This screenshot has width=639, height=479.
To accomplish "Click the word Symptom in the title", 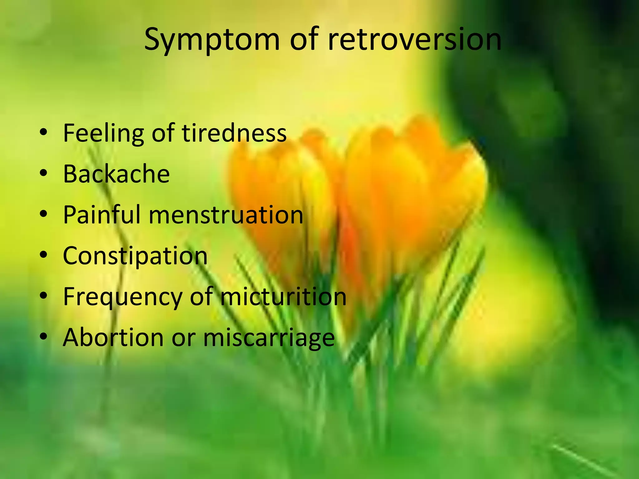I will (212, 40).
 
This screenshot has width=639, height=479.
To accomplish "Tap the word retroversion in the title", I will (415, 40).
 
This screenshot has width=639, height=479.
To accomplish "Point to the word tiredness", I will (234, 133).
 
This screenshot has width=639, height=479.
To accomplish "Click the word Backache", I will (116, 174).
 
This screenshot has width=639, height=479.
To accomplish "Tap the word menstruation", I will (226, 215).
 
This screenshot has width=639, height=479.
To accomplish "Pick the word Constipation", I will (135, 256).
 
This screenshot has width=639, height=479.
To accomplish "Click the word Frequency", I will (123, 297).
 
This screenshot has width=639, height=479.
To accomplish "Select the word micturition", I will (283, 297).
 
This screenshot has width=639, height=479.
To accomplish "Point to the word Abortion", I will (113, 337).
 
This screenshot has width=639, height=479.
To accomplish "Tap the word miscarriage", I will (269, 338).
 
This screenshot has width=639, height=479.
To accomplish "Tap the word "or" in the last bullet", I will (183, 338).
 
